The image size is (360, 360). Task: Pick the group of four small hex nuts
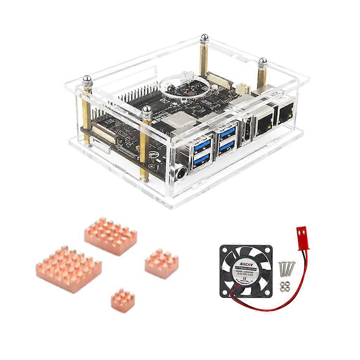284,286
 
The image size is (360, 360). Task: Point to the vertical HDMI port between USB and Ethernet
245,133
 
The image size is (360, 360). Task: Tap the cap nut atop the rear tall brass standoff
204,38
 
